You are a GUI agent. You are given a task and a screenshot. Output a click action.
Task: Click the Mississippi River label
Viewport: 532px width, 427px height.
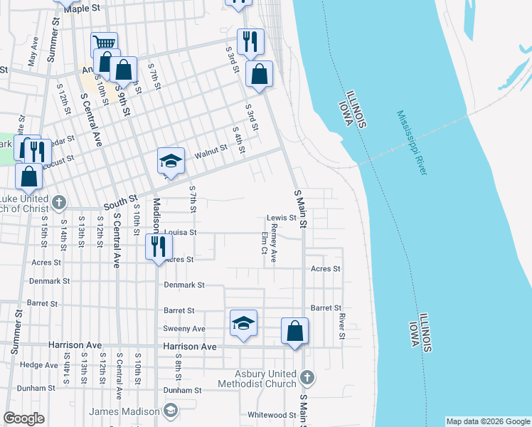click(412, 142)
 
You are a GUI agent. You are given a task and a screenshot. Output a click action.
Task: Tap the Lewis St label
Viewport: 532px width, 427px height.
click(281, 218)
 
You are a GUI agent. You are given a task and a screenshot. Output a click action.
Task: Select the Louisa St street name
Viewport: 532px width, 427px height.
click(179, 232)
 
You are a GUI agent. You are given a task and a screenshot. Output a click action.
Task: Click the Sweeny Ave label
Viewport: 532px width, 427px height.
click(183, 329)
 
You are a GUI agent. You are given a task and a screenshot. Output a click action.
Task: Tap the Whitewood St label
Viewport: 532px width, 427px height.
click(271, 415)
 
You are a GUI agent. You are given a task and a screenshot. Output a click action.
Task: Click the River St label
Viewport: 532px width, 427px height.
click(342, 325)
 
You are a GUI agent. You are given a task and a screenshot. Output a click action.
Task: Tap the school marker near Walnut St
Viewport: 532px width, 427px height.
click(171, 161)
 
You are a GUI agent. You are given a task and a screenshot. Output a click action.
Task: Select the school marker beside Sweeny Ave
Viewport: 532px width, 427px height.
click(243, 324)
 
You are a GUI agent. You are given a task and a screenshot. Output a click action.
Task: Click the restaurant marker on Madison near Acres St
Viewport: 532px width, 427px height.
click(158, 246)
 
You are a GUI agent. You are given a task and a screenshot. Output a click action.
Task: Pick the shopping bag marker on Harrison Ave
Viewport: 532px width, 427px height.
click(294, 331)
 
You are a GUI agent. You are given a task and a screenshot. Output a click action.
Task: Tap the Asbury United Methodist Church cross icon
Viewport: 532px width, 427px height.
click(307, 376)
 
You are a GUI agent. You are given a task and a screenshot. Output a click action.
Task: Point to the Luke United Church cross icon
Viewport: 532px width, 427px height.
click(59, 203)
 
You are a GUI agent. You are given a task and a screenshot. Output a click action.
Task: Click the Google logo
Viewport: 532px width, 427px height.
click(24, 418)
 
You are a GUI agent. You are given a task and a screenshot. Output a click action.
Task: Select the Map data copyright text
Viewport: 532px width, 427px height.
click(487, 421)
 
